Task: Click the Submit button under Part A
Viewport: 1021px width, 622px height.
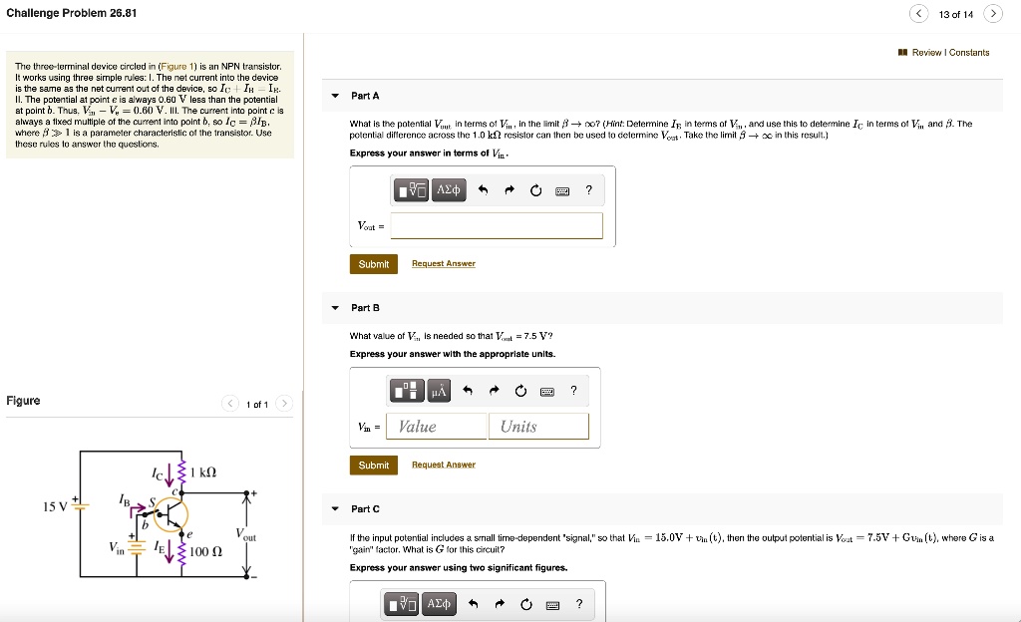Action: point(374,264)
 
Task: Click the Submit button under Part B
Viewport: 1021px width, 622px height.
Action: point(374,466)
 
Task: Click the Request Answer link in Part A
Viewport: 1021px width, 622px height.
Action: point(444,264)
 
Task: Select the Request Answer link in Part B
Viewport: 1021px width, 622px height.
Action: point(444,466)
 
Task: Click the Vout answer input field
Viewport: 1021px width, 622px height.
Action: point(497,226)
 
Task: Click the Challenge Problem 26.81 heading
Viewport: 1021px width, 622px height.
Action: point(72,13)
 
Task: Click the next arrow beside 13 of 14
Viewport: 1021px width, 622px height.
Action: point(992,14)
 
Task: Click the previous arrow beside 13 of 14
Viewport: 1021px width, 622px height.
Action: point(918,14)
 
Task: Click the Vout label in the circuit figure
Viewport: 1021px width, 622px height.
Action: point(246,535)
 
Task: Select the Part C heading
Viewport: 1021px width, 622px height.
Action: point(365,509)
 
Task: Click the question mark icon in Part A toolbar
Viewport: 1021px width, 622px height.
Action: point(588,190)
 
